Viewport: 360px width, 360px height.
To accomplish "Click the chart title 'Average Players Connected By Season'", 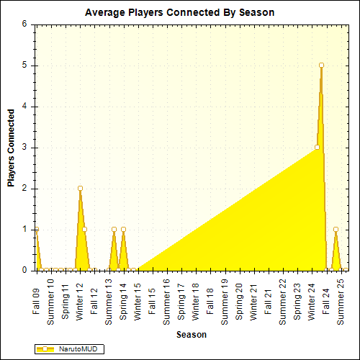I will (179, 13).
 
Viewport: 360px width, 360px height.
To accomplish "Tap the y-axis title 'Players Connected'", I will (11, 148).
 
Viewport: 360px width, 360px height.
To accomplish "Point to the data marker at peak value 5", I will (321, 66).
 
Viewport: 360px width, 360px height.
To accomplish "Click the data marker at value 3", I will (317, 148).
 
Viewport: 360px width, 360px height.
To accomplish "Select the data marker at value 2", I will (80, 189).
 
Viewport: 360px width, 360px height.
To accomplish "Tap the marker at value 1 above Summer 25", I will (336, 230).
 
